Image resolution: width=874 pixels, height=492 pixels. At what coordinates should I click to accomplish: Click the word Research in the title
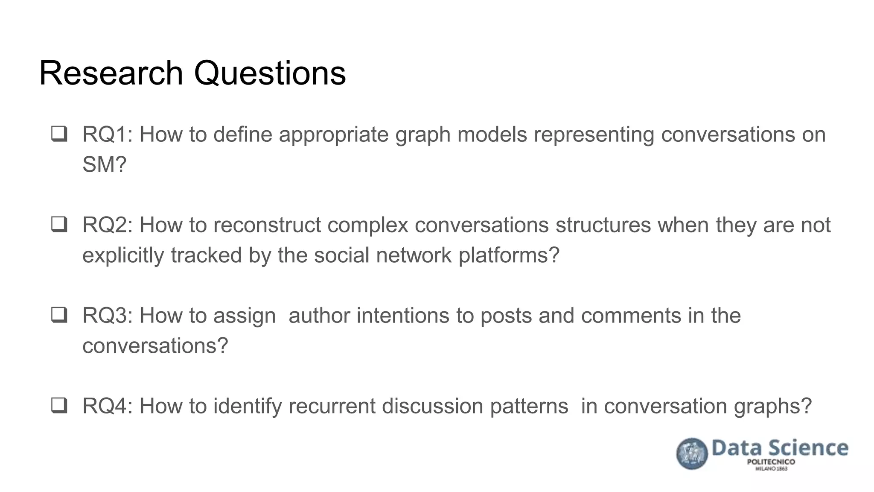pyautogui.click(x=111, y=73)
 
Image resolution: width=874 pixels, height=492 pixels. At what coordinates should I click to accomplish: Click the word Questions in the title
pyautogui.click(x=270, y=73)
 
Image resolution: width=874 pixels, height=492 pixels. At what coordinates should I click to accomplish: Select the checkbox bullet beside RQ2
pyautogui.click(x=59, y=224)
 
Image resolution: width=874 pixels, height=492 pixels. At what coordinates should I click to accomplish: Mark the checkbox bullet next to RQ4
pyautogui.click(x=59, y=405)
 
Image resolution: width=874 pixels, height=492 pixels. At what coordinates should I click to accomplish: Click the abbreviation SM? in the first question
pyautogui.click(x=105, y=164)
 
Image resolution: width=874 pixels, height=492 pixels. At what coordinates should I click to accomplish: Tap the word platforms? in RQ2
pyautogui.click(x=509, y=255)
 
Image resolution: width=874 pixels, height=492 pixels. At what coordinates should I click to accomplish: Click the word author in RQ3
pyautogui.click(x=319, y=316)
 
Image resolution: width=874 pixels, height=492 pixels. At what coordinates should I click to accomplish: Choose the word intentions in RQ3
pyautogui.click(x=403, y=316)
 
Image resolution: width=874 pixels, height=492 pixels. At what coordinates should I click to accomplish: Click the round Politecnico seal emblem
pyautogui.click(x=692, y=454)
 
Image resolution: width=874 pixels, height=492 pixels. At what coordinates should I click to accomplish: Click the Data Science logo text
pyautogui.click(x=780, y=448)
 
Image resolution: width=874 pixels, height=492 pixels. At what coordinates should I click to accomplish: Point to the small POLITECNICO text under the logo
pyautogui.click(x=771, y=462)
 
